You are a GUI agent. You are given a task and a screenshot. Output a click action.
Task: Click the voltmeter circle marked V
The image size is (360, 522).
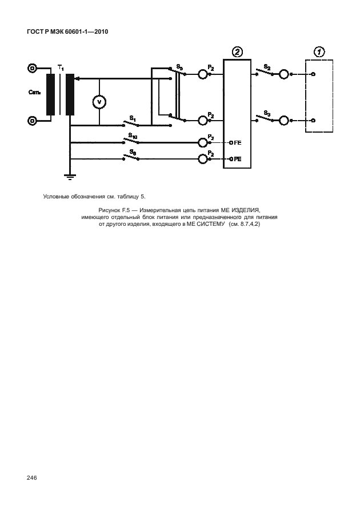[99, 102]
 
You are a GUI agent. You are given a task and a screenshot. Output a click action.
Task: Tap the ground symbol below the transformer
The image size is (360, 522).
[70, 177]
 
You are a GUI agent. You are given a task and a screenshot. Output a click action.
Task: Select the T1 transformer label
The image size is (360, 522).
[61, 68]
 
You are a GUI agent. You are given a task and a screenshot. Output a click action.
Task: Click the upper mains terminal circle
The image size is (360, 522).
[32, 68]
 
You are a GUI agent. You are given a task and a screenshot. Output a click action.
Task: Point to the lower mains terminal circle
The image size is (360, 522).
[32, 121]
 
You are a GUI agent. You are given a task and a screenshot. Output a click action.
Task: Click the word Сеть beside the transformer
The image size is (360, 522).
[35, 92]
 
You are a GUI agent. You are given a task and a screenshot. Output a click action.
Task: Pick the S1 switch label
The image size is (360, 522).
[133, 118]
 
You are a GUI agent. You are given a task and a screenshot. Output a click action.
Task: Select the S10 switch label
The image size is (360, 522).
[133, 136]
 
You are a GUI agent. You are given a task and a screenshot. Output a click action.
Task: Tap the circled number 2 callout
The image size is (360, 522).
[237, 52]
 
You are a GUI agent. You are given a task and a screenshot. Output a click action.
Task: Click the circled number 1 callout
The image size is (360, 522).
[319, 52]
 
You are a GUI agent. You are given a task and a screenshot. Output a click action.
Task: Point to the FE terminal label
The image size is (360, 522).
[238, 143]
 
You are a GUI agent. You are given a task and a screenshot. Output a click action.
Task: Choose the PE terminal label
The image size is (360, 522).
[238, 159]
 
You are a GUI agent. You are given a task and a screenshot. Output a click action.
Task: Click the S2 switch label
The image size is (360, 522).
[267, 67]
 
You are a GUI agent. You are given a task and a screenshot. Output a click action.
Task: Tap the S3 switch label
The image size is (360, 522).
[267, 114]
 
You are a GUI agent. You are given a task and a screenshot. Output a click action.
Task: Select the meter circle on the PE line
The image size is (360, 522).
[203, 159]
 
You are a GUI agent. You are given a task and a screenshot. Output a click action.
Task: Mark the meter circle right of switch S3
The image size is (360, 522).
[283, 121]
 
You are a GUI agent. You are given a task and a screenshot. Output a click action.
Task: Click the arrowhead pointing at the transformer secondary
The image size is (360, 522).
[77, 78]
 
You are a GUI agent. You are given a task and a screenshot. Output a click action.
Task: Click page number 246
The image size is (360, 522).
[32, 478]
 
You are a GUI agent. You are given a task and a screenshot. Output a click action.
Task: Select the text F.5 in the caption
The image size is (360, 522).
[126, 210]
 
